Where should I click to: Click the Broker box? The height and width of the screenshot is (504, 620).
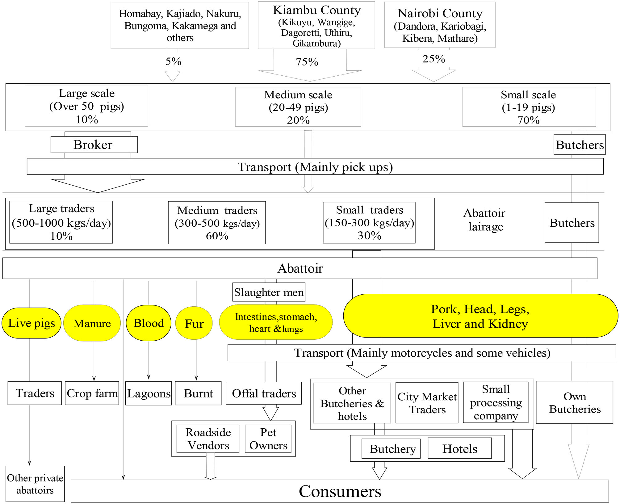(94, 145)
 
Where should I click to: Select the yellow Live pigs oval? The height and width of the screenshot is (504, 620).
(31, 323)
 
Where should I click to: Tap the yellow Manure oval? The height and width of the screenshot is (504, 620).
(92, 323)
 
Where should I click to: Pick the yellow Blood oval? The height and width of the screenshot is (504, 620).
(149, 323)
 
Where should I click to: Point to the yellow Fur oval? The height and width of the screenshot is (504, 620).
(194, 323)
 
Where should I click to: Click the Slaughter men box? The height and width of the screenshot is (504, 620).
(269, 292)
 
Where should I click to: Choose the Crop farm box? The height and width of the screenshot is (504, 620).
(92, 393)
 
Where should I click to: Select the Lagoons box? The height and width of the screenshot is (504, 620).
(149, 393)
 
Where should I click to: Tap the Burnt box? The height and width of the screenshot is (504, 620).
(198, 393)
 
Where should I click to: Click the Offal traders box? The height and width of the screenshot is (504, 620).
(264, 393)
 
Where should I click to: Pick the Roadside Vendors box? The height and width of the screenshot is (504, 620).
(208, 439)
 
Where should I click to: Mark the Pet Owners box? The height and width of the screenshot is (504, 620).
(268, 439)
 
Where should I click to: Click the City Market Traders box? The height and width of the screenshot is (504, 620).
(427, 403)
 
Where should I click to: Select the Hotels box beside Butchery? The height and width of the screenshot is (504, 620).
(459, 449)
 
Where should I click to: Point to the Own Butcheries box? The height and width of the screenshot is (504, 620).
(575, 402)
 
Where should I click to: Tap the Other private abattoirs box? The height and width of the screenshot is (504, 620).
(35, 484)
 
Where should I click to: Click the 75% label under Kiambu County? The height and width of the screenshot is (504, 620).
(307, 62)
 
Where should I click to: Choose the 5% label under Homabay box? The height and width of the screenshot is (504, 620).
(173, 61)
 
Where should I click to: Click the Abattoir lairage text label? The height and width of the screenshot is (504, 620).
(485, 220)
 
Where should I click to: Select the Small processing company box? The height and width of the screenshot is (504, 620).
(496, 402)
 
